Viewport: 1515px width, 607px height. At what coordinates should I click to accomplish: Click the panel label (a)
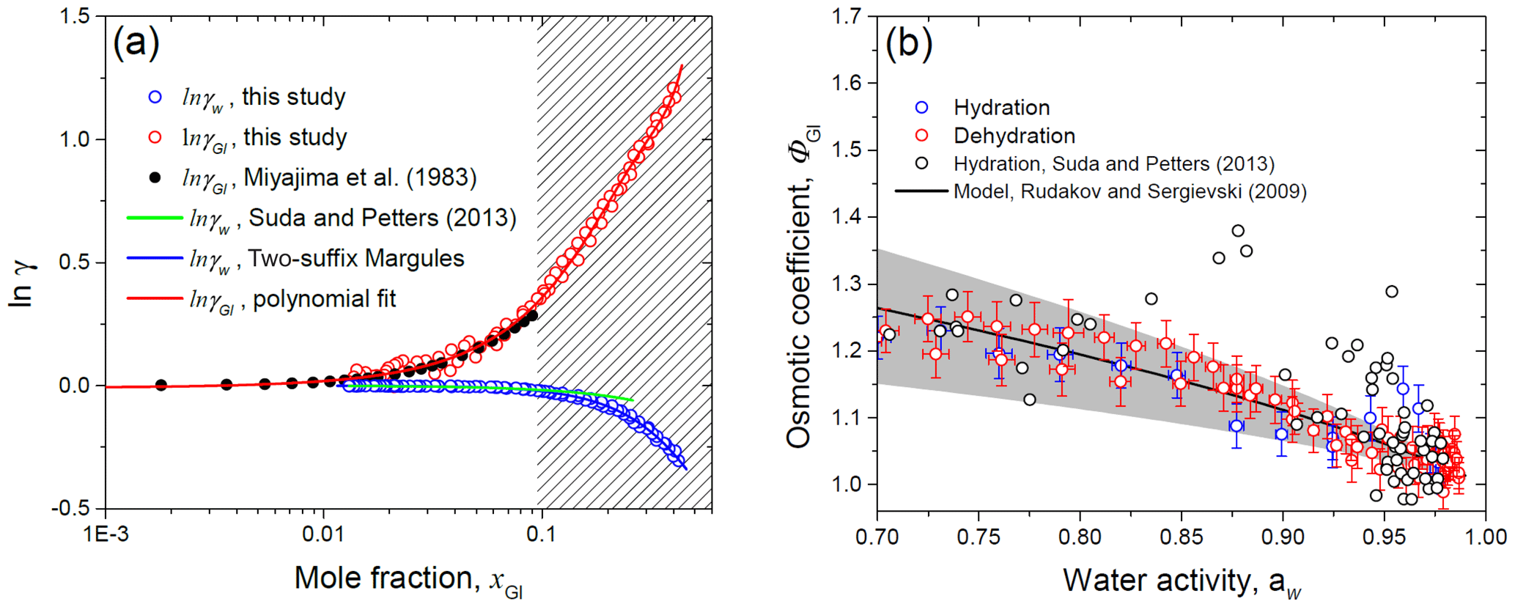click(x=136, y=44)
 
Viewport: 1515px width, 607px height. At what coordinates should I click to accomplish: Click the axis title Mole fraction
click(x=408, y=579)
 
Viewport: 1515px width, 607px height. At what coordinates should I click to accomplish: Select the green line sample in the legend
click(x=155, y=218)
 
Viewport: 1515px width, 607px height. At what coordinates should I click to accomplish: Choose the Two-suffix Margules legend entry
click(x=356, y=258)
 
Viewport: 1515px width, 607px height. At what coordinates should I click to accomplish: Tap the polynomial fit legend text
click(x=324, y=299)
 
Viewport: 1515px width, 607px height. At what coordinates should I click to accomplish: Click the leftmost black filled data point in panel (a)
click(x=161, y=385)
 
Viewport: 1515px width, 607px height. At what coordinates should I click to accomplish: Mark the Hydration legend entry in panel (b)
click(x=1001, y=108)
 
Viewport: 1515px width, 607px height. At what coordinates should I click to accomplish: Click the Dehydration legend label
click(x=1014, y=136)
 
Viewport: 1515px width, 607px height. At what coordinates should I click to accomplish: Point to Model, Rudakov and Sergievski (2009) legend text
click(x=1129, y=191)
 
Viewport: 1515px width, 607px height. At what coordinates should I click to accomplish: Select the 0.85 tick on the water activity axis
click(x=1182, y=536)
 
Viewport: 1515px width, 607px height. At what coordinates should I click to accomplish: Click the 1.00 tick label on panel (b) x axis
click(x=1485, y=536)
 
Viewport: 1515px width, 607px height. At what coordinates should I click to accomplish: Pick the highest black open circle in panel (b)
click(x=1238, y=231)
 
